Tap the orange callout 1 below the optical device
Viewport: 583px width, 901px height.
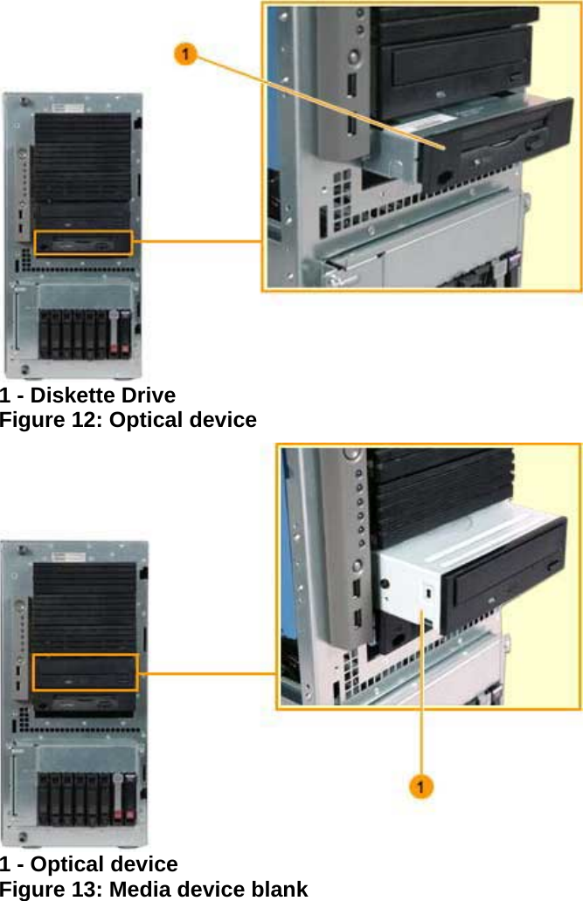pos(421,787)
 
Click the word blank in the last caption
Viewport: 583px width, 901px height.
pos(279,890)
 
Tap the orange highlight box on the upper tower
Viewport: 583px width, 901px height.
pos(82,243)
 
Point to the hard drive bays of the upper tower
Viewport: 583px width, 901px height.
pos(87,333)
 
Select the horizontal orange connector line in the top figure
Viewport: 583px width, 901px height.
pos(197,242)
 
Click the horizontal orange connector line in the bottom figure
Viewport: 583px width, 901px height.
pos(208,674)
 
